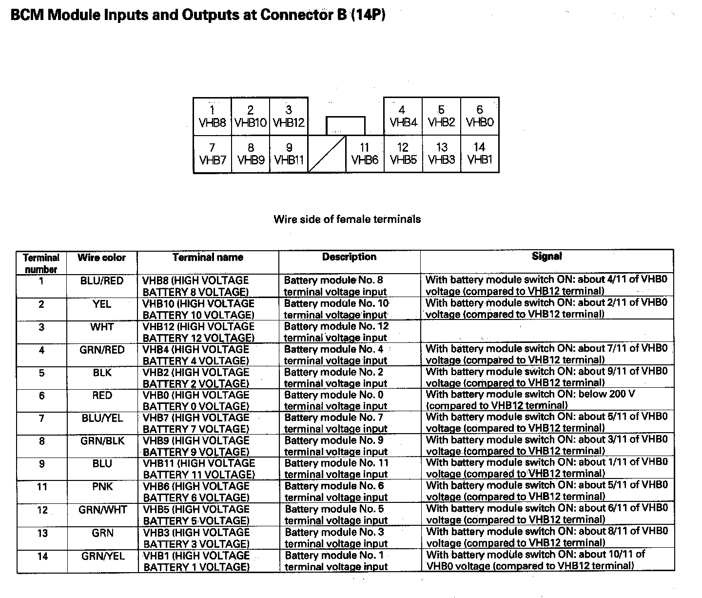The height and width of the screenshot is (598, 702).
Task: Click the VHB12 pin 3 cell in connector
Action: click(x=289, y=117)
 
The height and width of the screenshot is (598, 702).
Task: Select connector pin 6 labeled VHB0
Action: click(x=480, y=117)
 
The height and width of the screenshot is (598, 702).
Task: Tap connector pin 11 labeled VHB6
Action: click(x=365, y=154)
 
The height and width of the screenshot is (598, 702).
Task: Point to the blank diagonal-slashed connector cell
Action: click(x=327, y=154)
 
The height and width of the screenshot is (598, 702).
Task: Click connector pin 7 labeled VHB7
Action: click(x=212, y=154)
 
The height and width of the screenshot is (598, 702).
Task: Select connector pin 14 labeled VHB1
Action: click(x=480, y=154)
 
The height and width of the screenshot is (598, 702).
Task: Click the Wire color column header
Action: click(x=101, y=258)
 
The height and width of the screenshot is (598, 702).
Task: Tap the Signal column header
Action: click(x=546, y=257)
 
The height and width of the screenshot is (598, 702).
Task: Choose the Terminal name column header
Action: click(x=208, y=258)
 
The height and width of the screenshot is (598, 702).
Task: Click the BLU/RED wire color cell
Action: click(x=102, y=281)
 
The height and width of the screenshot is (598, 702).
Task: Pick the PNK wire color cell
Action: click(x=102, y=487)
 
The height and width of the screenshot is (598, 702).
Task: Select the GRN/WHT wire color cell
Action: click(x=102, y=510)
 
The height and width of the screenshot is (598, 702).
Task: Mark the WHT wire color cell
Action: click(x=102, y=327)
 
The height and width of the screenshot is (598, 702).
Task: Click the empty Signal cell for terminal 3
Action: click(x=546, y=332)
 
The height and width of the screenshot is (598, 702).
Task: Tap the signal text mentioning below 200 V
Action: click(x=530, y=400)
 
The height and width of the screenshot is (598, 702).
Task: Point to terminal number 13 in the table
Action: click(x=42, y=533)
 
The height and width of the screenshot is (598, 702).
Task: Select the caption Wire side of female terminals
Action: click(x=347, y=219)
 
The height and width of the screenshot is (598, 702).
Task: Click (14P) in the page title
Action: click(x=366, y=16)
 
